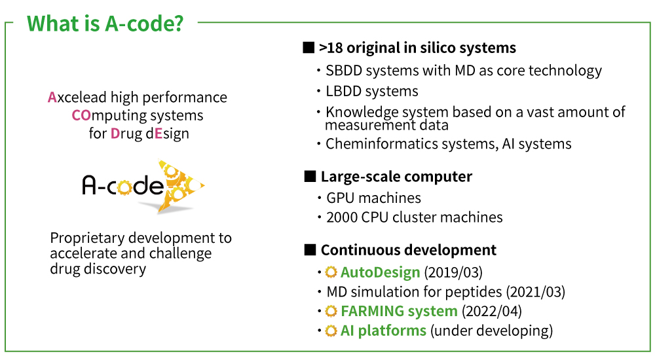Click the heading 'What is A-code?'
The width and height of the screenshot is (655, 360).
click(x=105, y=24)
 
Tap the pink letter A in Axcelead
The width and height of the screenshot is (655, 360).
click(x=52, y=98)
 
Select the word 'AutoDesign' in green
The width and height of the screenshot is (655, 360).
click(x=381, y=272)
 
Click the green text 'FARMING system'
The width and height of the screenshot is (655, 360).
click(x=399, y=311)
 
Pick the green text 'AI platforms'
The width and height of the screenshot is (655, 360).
click(x=383, y=331)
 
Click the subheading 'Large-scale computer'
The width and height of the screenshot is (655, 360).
click(x=396, y=177)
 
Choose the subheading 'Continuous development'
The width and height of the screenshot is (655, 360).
click(x=408, y=250)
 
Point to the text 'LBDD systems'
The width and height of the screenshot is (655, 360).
click(x=371, y=91)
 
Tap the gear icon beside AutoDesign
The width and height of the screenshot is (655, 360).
click(x=331, y=272)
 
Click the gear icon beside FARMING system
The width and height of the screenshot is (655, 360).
click(x=331, y=311)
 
